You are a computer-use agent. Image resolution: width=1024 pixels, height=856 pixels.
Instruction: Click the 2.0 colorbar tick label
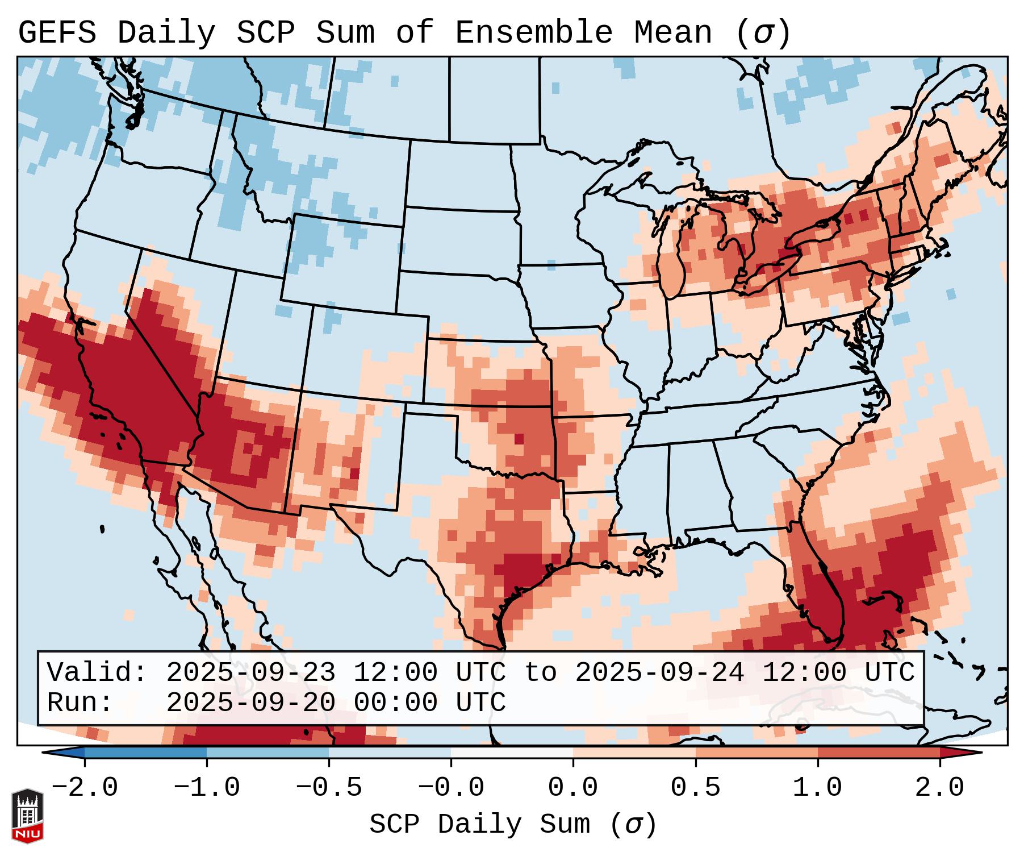[939, 788]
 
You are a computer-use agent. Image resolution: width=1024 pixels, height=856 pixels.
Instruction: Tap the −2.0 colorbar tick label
[85, 788]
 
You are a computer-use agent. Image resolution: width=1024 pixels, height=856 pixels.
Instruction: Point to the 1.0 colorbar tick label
[817, 788]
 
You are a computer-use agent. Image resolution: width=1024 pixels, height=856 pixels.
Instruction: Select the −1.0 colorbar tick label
[207, 788]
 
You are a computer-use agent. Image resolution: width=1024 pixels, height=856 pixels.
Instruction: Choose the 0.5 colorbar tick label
[695, 788]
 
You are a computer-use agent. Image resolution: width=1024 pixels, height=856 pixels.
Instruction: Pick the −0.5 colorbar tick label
[329, 788]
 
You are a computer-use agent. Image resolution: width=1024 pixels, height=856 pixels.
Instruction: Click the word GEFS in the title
[57, 32]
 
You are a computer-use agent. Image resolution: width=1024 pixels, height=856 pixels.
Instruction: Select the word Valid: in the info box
[97, 672]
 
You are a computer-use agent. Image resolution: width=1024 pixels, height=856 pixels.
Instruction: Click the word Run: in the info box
[80, 703]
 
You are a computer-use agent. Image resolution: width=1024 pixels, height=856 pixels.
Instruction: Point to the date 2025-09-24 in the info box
[659, 672]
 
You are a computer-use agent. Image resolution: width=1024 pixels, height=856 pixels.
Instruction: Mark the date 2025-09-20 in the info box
[250, 703]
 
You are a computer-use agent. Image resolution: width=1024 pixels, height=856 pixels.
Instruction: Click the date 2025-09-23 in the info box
[250, 672]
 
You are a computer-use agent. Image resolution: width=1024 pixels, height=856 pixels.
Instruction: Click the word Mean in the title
[672, 32]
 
